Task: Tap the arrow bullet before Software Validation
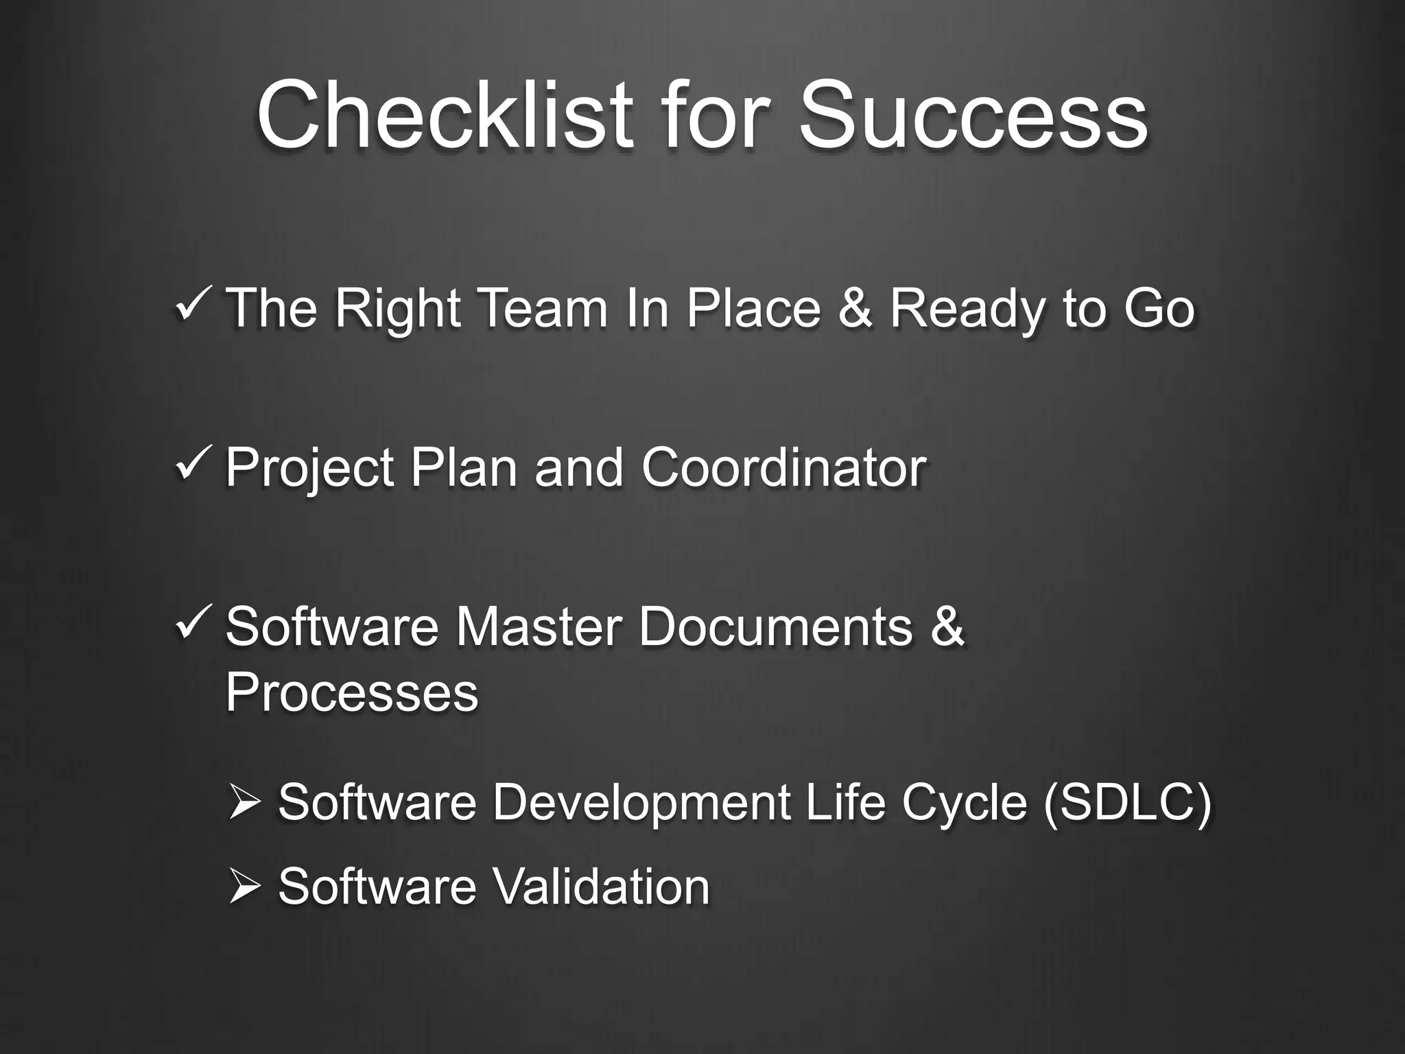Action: point(244,886)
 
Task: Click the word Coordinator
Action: point(783,467)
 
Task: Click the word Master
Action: point(539,626)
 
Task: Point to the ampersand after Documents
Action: point(947,626)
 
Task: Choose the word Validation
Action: point(601,886)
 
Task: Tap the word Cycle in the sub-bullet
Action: point(963,804)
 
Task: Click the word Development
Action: point(641,804)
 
